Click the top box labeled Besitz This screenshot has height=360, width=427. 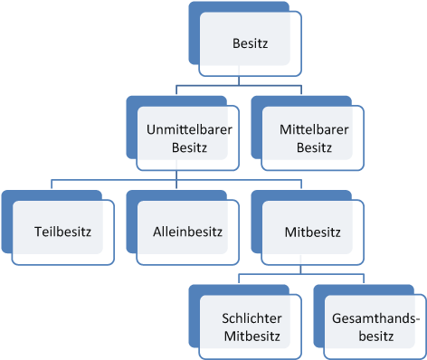point(250,43)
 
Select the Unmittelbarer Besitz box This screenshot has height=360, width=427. point(188,138)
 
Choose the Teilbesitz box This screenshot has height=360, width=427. point(63,232)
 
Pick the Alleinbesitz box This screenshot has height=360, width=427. point(188,232)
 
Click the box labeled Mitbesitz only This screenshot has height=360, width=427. point(312,232)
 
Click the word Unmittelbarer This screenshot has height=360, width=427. point(188,130)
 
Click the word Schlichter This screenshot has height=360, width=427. point(251,318)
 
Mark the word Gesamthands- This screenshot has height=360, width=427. point(375,318)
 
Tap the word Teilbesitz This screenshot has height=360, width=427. point(63,232)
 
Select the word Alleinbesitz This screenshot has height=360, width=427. point(188,232)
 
